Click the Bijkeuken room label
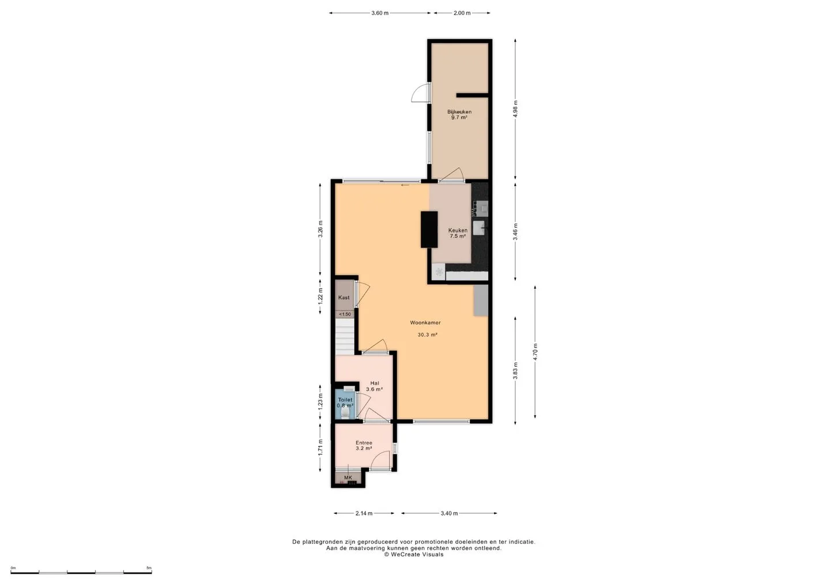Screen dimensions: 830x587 point(459,111)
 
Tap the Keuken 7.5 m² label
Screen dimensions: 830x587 point(458,233)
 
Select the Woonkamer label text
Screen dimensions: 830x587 point(425,322)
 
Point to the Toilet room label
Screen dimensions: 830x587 point(345,400)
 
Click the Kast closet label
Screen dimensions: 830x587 point(344,297)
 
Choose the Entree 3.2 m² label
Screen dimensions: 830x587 point(364,445)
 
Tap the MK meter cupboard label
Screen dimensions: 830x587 point(348,477)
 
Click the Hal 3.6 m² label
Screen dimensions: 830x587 point(374,386)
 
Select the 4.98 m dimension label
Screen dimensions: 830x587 point(515,109)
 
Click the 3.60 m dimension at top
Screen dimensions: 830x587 point(380,13)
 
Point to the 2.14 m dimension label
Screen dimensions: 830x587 point(364,513)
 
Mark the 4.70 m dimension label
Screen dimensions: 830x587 point(535,352)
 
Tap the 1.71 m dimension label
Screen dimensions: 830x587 point(320,447)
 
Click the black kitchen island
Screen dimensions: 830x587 point(429,229)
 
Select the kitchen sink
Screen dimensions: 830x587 point(479,228)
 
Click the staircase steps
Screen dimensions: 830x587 point(345,337)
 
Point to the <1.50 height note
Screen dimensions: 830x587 point(345,314)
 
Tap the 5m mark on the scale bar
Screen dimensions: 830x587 point(149,568)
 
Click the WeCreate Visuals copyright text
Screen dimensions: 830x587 point(413,554)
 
